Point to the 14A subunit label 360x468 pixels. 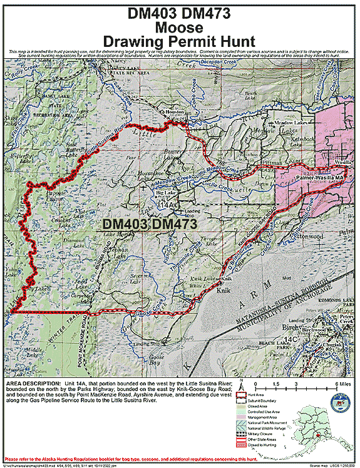click(167, 205)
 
